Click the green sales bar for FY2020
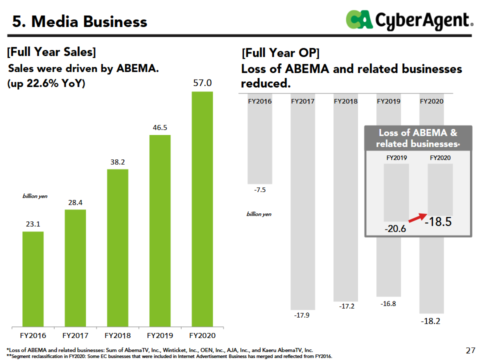pos(202,207)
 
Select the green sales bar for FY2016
pos(33,277)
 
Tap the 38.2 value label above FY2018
pos(117,162)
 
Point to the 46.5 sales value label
pos(160,128)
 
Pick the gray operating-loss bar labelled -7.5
pos(260,145)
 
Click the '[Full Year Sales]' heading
pos(51,51)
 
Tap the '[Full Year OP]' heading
pos(280,52)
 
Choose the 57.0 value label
pos(202,83)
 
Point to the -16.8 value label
pos(388,304)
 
